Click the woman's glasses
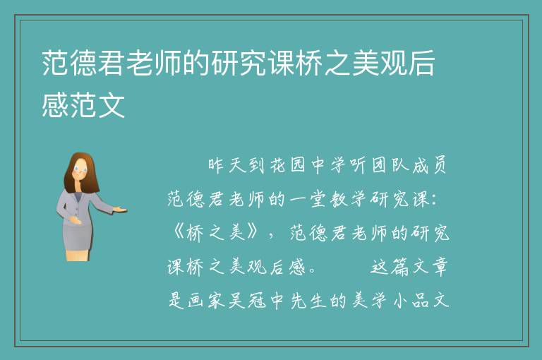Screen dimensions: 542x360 [80, 170]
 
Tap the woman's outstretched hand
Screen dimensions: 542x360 [120, 209]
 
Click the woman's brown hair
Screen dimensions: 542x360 [80, 172]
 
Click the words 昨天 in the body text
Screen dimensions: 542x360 [227, 165]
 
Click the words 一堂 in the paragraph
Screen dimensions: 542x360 [306, 199]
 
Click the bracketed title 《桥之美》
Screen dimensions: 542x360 [215, 233]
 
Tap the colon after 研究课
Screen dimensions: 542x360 [435, 200]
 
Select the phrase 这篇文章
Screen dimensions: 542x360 [409, 267]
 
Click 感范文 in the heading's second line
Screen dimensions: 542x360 [83, 106]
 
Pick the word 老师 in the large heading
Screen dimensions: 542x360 [154, 63]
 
